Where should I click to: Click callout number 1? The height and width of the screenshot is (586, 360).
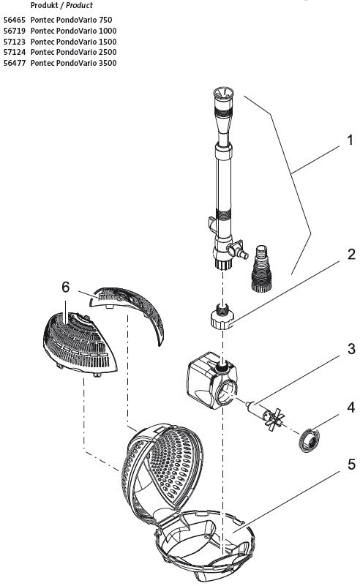point(349,139)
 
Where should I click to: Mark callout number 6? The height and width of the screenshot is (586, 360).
point(65,288)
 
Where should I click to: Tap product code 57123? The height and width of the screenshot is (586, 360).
point(15,42)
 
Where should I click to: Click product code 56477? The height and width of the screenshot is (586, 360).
point(15,64)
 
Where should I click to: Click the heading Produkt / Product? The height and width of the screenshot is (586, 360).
point(61,5)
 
